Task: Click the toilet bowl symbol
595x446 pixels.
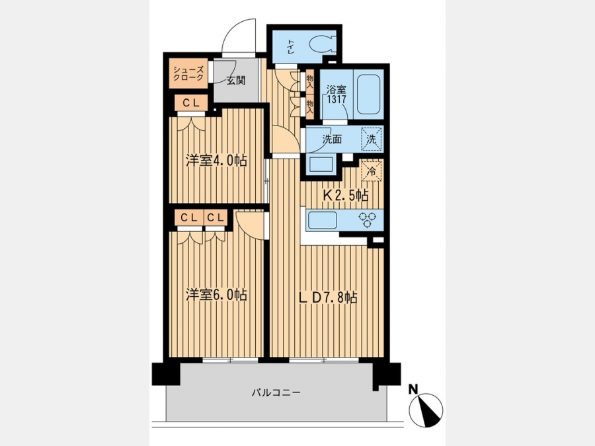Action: point(323,44)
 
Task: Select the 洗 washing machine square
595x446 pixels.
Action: point(372,139)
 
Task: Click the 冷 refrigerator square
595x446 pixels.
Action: point(372,170)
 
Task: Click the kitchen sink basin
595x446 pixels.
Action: point(323,220)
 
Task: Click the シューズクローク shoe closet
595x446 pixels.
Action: point(188,73)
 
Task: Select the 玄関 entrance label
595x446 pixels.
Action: point(236,81)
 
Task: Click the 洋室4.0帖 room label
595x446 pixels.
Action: point(216,161)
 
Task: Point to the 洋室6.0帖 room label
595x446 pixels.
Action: point(216,294)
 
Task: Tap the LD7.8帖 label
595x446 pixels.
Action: point(327,297)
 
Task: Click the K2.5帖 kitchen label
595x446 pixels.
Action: point(345,196)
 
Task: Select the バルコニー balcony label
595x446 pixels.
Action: point(276,392)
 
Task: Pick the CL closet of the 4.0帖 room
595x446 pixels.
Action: point(192,103)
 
